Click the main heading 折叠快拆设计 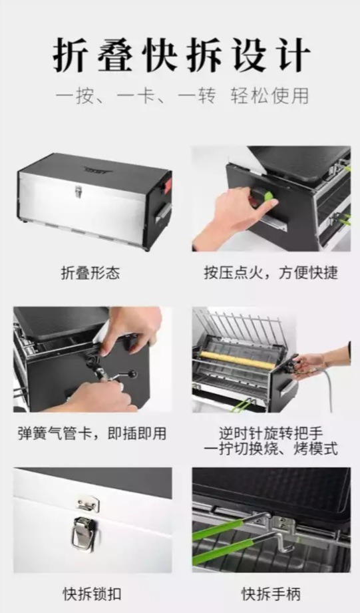pos(182,55)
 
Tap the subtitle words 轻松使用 pos(270,96)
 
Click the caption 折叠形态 pos(90,273)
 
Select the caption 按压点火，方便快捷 pos(271,273)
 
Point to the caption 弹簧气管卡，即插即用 pos(92,433)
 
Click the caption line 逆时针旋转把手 pos(271,433)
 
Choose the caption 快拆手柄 pos(271,594)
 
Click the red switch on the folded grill pos(167,186)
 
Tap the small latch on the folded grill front pos(79,192)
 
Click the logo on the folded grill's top pos(98,170)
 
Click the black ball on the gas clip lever pos(133,374)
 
